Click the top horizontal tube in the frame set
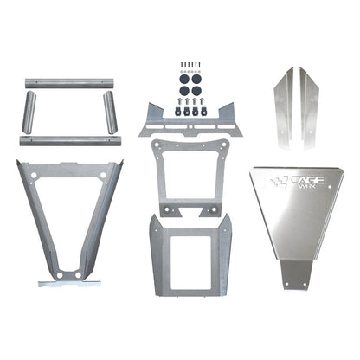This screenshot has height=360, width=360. (70, 83)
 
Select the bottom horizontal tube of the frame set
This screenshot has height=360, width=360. (70, 138)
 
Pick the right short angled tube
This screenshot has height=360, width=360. (111, 112)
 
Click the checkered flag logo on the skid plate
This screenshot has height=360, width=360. (279, 183)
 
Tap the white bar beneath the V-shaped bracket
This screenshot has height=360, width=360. (69, 283)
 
